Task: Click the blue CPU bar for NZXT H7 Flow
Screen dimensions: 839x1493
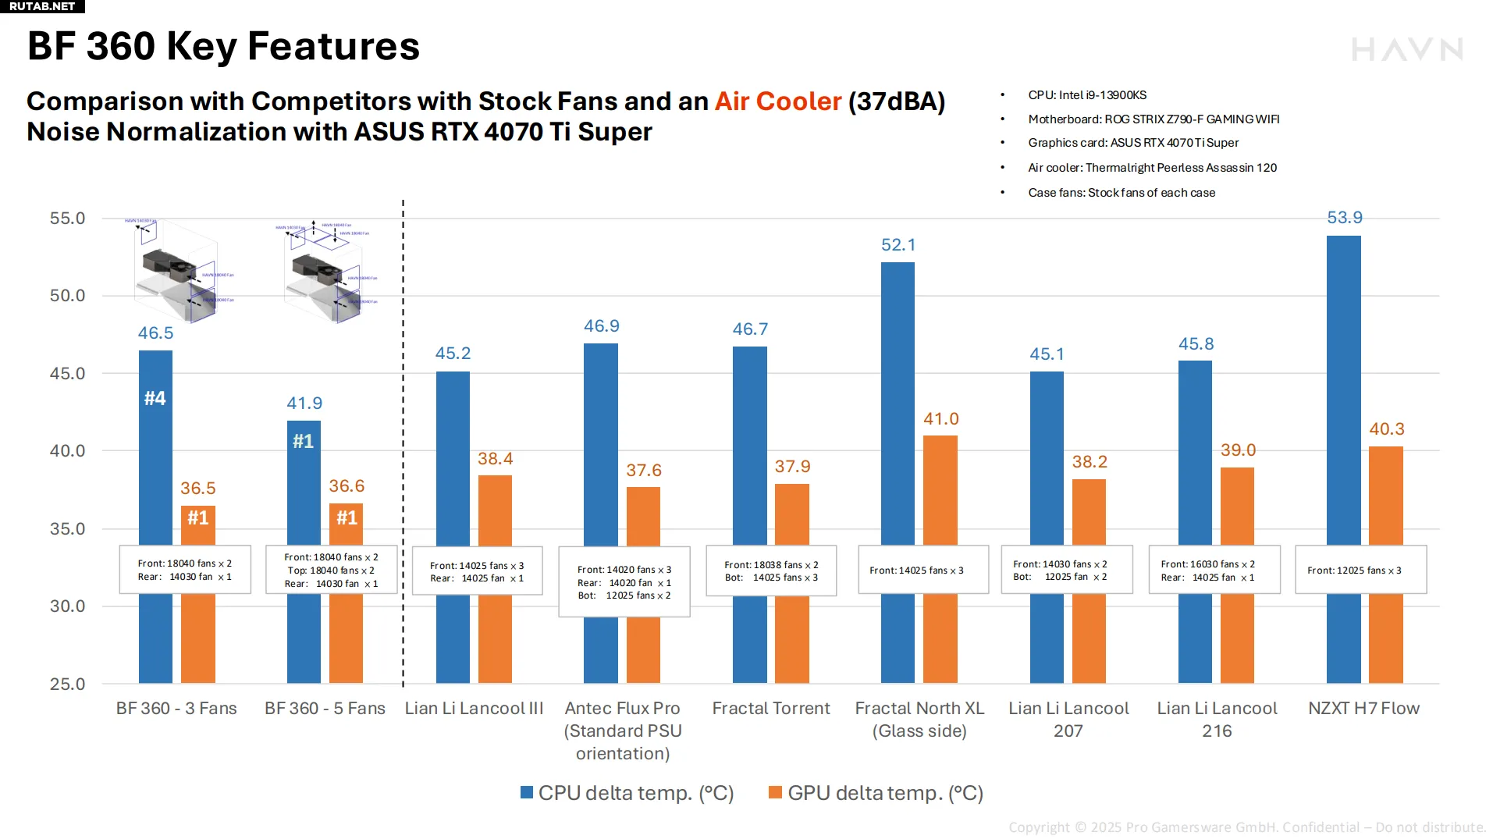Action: click(x=1343, y=390)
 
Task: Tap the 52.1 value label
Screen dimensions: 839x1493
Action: click(x=898, y=245)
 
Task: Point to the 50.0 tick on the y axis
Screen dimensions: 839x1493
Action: click(x=68, y=296)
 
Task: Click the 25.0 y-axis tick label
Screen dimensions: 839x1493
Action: click(x=68, y=684)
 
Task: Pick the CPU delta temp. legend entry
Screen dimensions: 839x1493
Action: click(x=627, y=793)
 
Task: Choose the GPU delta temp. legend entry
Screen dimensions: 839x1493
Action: click(x=876, y=793)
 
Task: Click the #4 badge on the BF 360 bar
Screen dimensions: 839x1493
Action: click(x=155, y=399)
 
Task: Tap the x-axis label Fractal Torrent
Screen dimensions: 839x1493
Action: click(x=771, y=709)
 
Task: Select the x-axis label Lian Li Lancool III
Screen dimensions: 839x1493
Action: click(x=474, y=709)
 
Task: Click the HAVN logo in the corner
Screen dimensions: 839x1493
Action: click(x=1407, y=50)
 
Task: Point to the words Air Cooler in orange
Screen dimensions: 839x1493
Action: click(x=778, y=101)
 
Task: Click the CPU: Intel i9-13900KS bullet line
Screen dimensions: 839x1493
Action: click(x=1086, y=95)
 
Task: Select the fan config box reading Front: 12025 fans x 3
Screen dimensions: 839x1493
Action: click(x=1360, y=571)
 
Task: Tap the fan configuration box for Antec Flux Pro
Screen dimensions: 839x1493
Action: click(x=624, y=582)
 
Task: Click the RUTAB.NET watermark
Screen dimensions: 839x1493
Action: click(x=42, y=6)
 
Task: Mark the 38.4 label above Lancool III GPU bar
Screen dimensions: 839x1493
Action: click(x=495, y=459)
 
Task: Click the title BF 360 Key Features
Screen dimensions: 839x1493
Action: click(x=223, y=46)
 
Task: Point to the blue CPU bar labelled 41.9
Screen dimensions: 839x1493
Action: click(x=304, y=484)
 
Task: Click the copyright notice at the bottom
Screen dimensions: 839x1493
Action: click(x=1246, y=827)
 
